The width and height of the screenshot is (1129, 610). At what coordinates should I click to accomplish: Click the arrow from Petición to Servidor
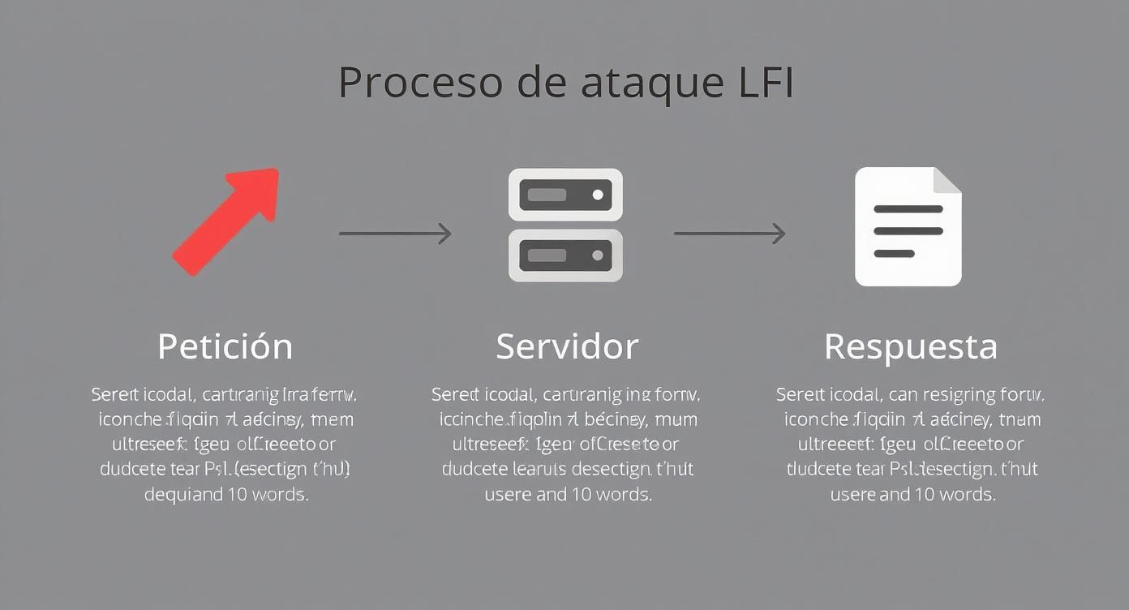click(x=394, y=234)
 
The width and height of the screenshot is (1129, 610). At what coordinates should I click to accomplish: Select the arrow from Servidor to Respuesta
click(x=729, y=234)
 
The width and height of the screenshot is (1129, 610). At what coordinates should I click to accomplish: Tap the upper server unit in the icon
click(x=565, y=195)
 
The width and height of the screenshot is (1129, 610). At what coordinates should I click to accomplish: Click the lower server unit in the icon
click(x=565, y=256)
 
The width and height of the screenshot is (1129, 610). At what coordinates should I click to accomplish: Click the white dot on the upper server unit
click(x=598, y=195)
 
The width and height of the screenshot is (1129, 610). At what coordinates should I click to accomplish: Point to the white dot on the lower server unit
click(x=598, y=256)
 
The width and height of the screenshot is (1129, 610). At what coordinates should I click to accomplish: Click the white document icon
click(x=908, y=227)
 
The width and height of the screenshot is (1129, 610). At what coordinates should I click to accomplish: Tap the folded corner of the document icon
click(x=947, y=180)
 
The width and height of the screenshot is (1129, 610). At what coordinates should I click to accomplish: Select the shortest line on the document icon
click(x=894, y=254)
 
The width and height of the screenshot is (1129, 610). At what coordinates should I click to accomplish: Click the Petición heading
click(x=225, y=346)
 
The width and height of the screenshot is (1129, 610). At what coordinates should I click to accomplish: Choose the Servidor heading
click(x=567, y=346)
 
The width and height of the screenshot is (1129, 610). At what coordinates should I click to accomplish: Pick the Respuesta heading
click(x=910, y=346)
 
